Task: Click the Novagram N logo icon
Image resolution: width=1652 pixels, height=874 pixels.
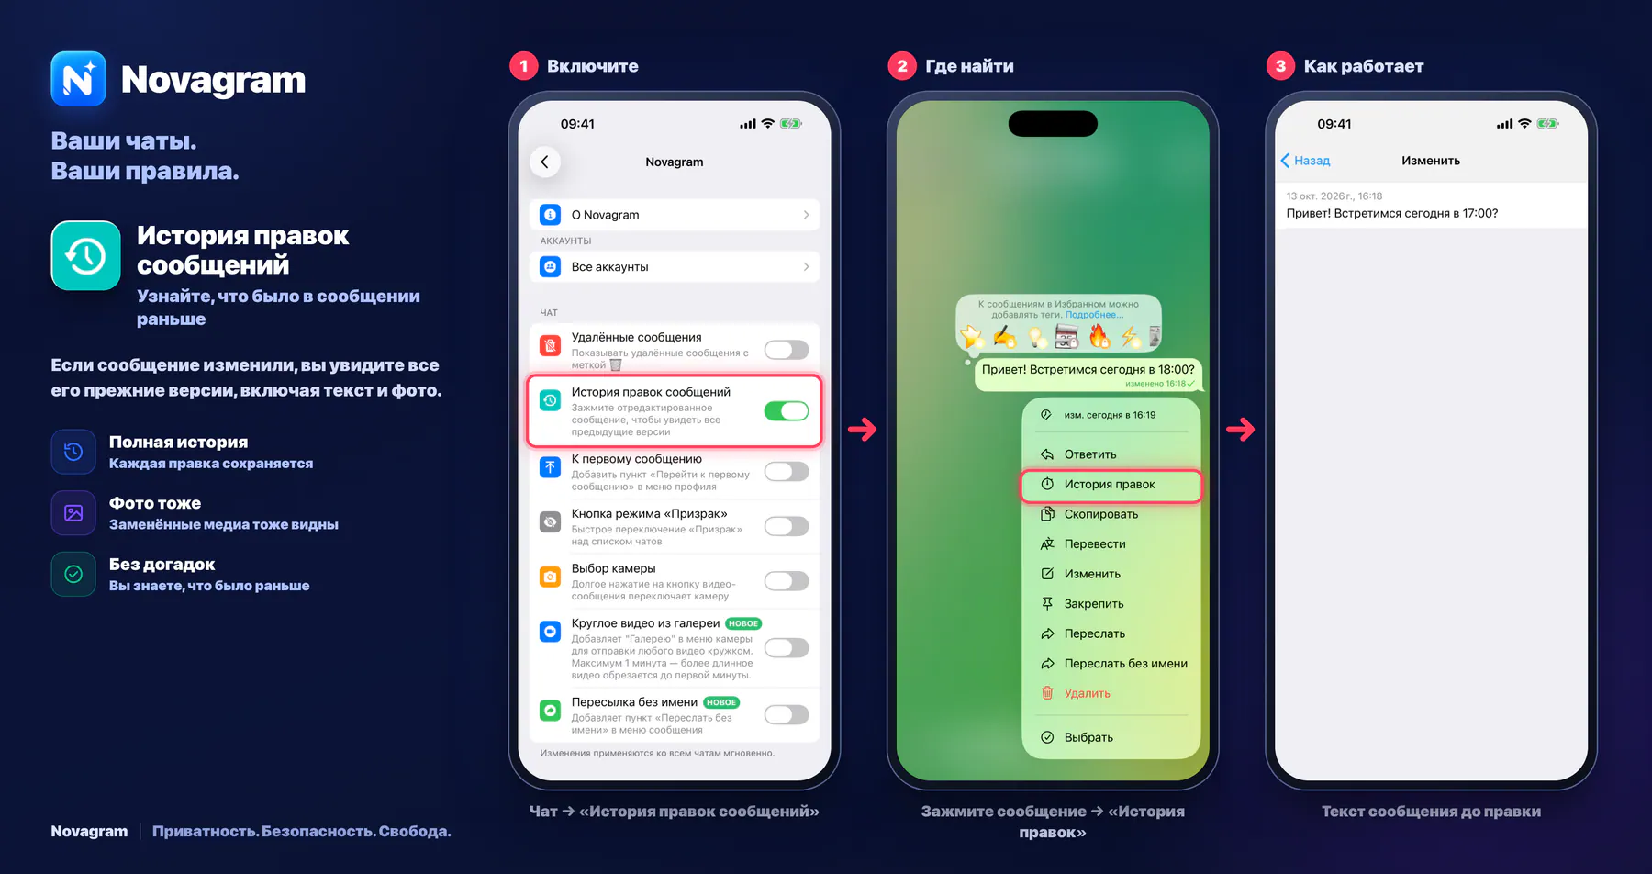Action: pos(78,79)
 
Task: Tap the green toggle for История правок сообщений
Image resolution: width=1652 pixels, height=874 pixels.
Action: pos(787,411)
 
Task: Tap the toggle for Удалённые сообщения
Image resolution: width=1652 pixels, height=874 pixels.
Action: pos(787,350)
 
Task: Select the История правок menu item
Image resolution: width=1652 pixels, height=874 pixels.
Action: pos(1111,485)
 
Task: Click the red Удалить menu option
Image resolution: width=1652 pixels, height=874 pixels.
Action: pos(1088,693)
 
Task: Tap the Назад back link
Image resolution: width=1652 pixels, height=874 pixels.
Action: pos(1305,161)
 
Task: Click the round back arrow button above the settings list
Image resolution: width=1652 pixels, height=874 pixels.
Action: pos(545,162)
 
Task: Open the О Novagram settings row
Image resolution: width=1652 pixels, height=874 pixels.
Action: pos(675,215)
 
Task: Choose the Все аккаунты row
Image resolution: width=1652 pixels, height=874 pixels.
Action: pos(675,267)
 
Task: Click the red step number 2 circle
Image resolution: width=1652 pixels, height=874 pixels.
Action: pos(902,66)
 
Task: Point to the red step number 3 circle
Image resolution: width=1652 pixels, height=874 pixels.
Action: pos(1280,66)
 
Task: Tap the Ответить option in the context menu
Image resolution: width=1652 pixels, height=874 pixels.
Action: pos(1090,454)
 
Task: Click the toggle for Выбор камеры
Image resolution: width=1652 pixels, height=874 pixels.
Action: pos(787,581)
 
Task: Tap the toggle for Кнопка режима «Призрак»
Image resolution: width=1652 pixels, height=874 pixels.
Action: pos(787,526)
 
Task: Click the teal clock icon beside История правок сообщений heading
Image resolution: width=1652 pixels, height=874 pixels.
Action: pos(85,255)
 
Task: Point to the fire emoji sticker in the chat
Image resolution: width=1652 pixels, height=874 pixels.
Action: pos(1099,337)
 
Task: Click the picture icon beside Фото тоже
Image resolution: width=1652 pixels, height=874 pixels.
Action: pos(73,513)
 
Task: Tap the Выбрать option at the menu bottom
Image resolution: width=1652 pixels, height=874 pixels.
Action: pos(1088,737)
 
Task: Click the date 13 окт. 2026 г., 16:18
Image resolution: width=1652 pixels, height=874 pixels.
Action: pos(1334,196)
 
